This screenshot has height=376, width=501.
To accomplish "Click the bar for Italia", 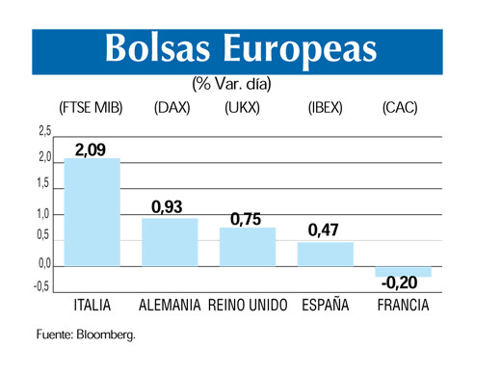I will coord(92,211).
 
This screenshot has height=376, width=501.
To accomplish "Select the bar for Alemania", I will coord(170,241).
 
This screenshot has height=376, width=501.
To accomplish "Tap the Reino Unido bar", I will coord(248,246).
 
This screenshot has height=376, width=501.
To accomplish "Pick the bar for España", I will coord(325,254).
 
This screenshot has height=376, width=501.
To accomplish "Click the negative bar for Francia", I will coord(403,271).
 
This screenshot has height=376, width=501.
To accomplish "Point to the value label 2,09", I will coord(91,148).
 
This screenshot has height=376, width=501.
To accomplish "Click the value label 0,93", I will coord(167,206).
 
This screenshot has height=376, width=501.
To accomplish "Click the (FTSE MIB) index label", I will coord(92,107).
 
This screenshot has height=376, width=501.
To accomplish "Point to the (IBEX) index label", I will coord(325,107).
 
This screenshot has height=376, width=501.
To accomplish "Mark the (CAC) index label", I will coord(400,107).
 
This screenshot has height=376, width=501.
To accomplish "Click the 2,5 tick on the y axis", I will coord(44,131).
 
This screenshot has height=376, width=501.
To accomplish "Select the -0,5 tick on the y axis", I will coord(42,286).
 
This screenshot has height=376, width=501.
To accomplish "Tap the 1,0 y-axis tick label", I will coord(44,215).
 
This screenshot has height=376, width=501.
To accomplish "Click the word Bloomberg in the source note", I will coord(107,335).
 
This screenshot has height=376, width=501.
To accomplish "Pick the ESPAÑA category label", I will coord(324,306).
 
